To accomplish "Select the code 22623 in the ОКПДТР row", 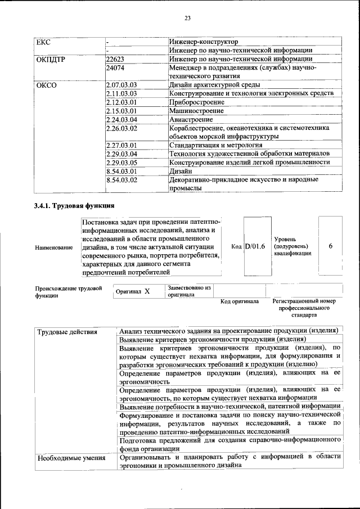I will [x=115, y=59].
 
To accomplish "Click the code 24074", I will [x=115, y=68].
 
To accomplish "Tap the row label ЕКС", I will [x=43, y=42].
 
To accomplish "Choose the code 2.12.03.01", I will [x=122, y=102].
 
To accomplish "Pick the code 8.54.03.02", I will [x=122, y=180].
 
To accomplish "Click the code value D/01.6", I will [x=255, y=246].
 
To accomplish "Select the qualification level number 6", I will [x=330, y=246].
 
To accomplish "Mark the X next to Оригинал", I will [x=147, y=291].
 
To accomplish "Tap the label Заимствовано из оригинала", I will [x=189, y=291].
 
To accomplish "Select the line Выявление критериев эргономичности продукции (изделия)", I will [x=213, y=340].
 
